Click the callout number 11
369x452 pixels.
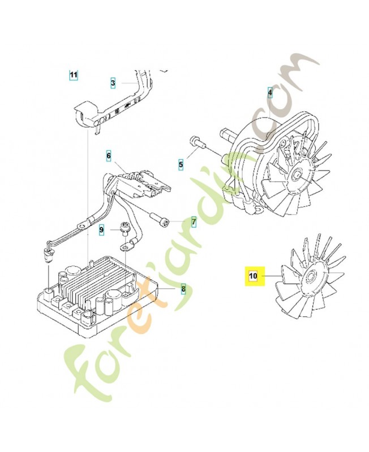coord(74,75)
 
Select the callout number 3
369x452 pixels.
coord(113,83)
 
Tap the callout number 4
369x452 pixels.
coord(270,92)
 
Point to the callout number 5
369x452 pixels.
coord(181,164)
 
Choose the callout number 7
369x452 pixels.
coord(193,222)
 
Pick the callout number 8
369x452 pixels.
coord(183,290)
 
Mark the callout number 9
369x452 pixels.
coord(102,230)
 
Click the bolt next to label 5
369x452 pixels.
coord(195,141)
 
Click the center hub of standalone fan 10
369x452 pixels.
coord(310,277)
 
